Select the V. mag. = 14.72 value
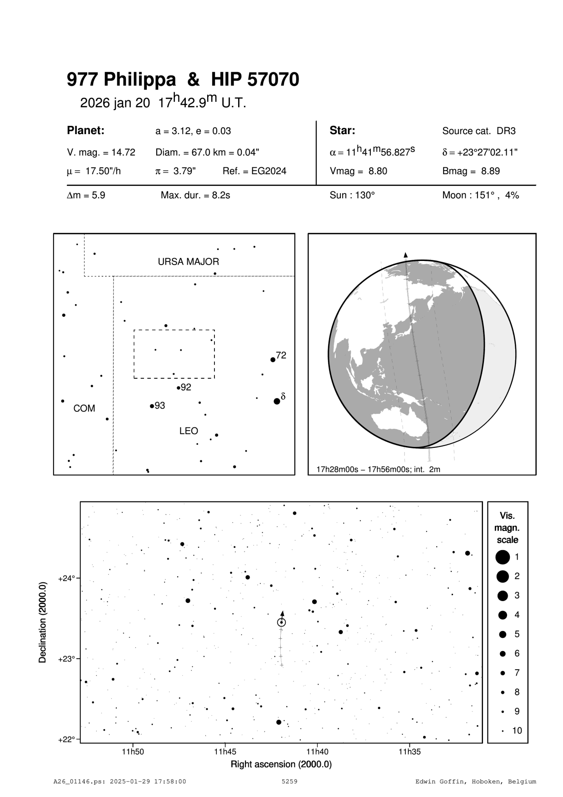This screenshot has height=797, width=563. point(101,153)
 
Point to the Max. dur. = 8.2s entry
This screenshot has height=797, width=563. point(195,195)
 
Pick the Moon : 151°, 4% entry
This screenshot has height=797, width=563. point(480,195)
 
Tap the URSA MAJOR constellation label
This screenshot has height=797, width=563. point(188,262)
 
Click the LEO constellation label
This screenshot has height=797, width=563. point(189,431)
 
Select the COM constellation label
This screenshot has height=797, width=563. point(84,408)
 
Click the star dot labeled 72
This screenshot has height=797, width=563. point(273,360)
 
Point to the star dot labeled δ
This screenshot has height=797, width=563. point(277,401)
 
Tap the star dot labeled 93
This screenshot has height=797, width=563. point(152,406)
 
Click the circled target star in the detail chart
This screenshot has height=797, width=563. point(282,622)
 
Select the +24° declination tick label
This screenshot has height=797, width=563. point(66,579)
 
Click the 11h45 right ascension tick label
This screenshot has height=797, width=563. point(225,752)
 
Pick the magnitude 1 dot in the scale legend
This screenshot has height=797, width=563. point(503,556)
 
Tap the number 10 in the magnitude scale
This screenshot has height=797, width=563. point(517,731)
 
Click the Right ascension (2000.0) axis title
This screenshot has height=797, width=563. point(281,764)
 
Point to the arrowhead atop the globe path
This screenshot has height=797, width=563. point(406,255)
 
